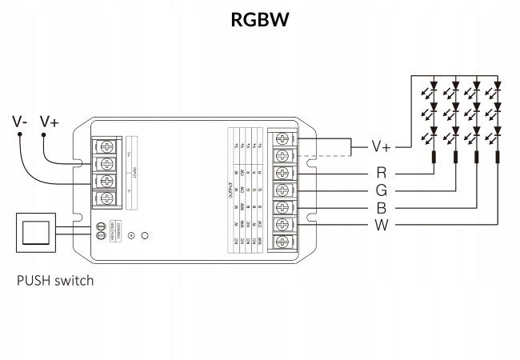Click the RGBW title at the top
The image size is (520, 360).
click(x=259, y=19)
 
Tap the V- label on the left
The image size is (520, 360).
click(x=20, y=122)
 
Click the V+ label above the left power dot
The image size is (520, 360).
click(x=50, y=122)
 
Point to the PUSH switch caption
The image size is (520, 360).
click(x=55, y=281)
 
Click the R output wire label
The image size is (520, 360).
click(x=382, y=172)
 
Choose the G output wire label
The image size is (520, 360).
click(x=382, y=190)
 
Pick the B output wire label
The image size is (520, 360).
click(x=382, y=207)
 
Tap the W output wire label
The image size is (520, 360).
click(x=382, y=225)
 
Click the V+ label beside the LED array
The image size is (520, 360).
click(x=382, y=147)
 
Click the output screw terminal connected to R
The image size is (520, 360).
click(x=282, y=173)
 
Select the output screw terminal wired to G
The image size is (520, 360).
click(x=282, y=190)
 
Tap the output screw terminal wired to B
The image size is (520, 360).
click(x=282, y=207)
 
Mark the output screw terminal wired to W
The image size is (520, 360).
click(x=282, y=225)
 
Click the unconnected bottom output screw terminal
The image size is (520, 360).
click(x=282, y=242)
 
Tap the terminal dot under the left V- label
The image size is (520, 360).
click(x=20, y=136)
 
